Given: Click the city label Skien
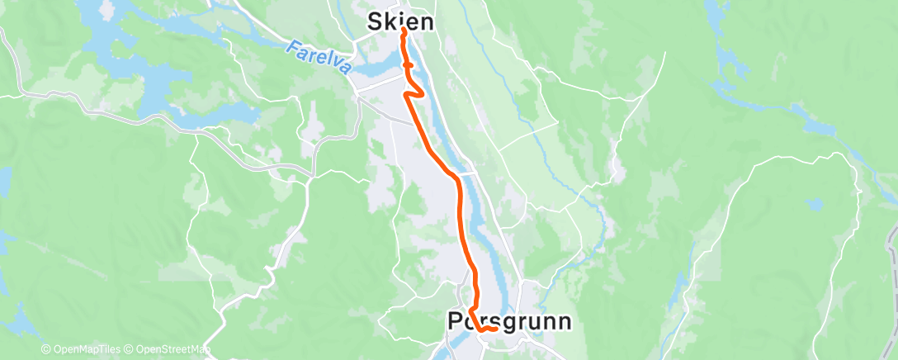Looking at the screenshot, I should [400, 21].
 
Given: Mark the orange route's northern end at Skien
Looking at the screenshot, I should [403, 31].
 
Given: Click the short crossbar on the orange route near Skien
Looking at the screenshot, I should [407, 63].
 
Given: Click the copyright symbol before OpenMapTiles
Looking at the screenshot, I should [46, 350].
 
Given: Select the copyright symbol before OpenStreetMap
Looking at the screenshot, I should [130, 350].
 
